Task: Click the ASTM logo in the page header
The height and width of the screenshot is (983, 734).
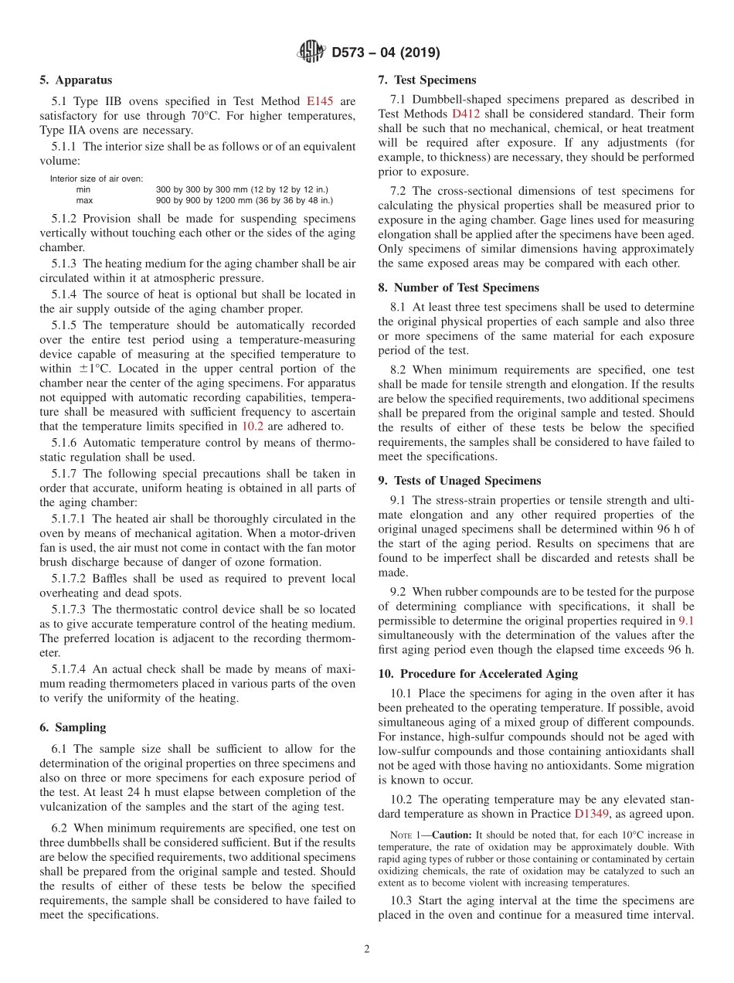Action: pos(311,53)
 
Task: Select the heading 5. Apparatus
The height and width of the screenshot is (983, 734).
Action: pos(76,80)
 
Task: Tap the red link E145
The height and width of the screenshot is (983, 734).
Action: pos(320,100)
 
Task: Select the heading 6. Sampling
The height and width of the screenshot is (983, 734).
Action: pos(73,727)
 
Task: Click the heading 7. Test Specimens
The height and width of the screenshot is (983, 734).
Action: pos(427,80)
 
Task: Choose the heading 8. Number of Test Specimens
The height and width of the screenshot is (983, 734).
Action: pos(458,287)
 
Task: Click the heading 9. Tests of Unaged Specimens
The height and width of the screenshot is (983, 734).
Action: pos(460,480)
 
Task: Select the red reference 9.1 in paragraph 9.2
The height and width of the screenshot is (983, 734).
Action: pos(686,620)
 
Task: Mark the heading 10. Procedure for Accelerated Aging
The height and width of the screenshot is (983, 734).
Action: pos(477,674)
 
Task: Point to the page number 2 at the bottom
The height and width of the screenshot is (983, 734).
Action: pos(367,949)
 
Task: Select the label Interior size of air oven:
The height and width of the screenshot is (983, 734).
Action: pos(97,179)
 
